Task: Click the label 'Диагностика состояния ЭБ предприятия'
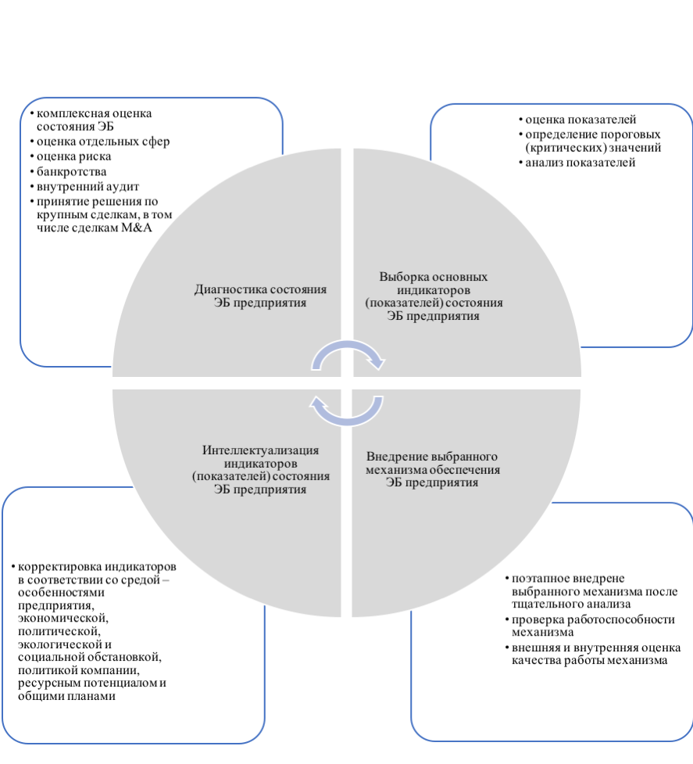point(259,296)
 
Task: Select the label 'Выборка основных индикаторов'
point(434,283)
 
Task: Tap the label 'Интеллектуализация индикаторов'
point(260,457)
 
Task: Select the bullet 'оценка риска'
point(68,156)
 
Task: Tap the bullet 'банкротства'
point(71,171)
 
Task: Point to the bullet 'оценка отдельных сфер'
point(102,142)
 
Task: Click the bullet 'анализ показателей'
point(580,163)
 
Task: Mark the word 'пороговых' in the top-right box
point(632,134)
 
